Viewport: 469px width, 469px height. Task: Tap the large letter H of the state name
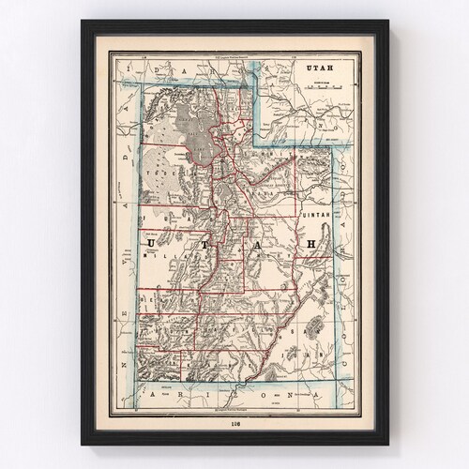click(303, 245)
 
